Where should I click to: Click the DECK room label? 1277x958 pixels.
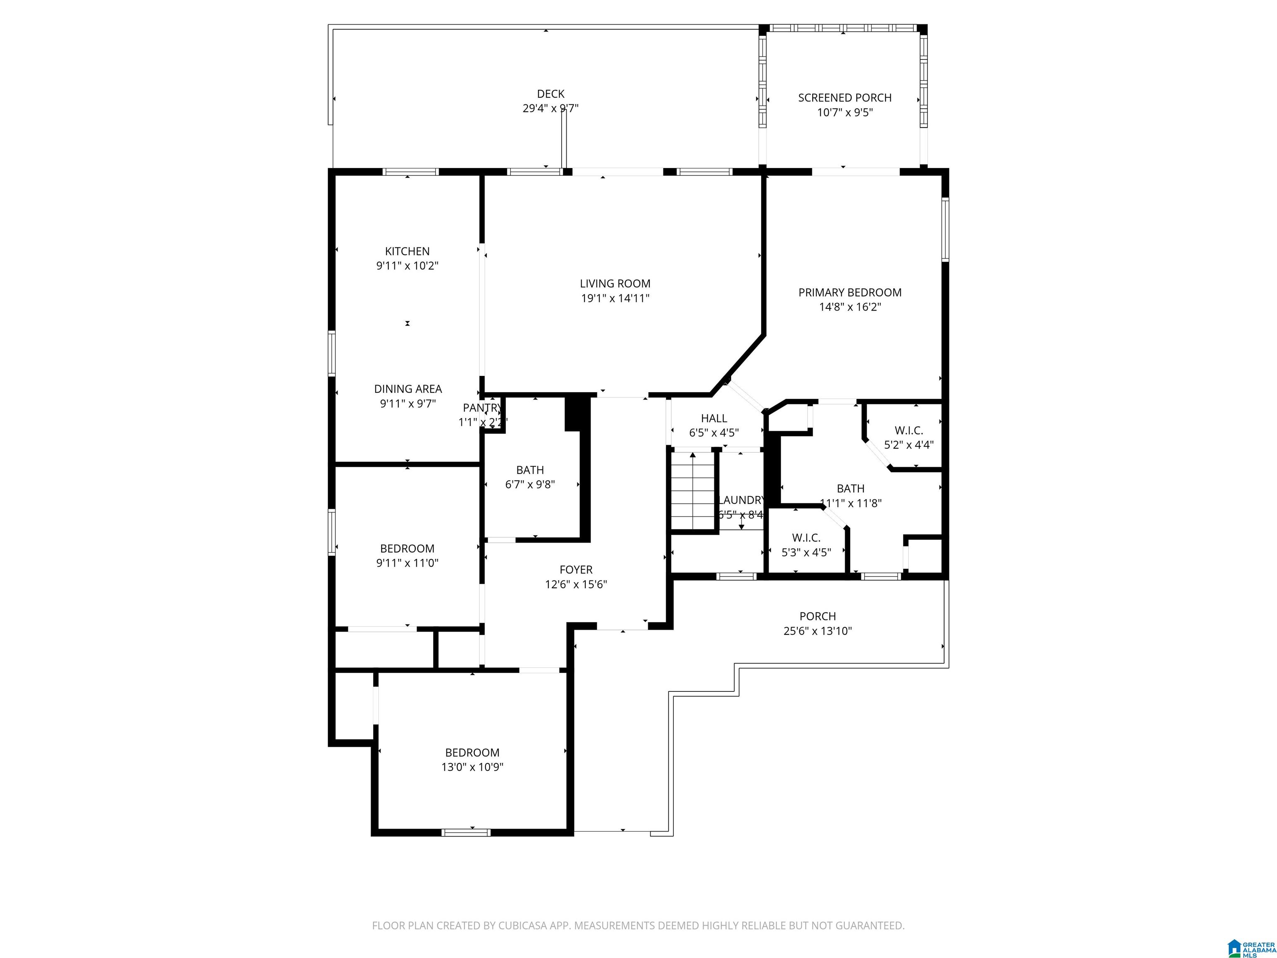coord(550,94)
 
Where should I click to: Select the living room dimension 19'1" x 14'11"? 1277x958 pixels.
coord(615,299)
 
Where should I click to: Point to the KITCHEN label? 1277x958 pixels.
coord(407,251)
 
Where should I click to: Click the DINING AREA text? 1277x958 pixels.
coord(407,389)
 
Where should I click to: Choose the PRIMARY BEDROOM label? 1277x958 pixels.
coord(849,293)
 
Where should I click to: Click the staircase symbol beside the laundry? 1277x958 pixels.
coord(693,491)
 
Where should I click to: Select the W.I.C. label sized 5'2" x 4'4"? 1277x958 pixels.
coord(909,431)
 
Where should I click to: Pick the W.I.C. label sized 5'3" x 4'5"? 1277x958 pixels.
coord(806,538)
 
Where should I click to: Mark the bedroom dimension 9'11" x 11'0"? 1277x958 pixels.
coord(407,563)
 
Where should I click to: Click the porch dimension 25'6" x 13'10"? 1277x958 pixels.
coord(818,631)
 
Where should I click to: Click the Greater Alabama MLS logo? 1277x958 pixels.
coord(1251,948)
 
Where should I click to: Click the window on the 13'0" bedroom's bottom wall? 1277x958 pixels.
coord(466,832)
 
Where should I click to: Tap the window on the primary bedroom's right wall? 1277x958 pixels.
coord(945,229)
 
